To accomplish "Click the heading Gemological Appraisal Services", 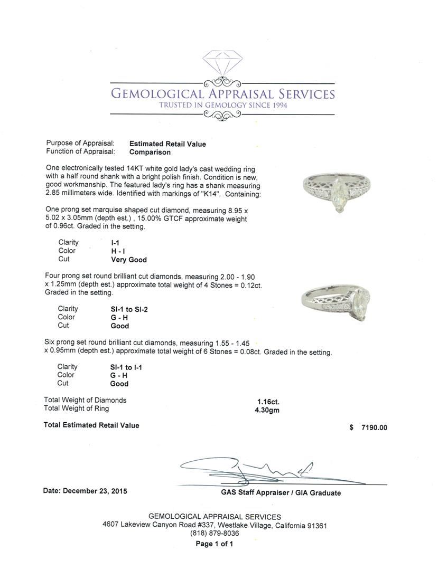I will tap(222, 94).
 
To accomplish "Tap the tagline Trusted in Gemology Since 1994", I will tap(222, 105).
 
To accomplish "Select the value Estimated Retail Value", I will tap(167, 144).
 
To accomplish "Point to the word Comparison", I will tap(150, 152).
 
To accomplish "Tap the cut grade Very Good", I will tap(128, 260).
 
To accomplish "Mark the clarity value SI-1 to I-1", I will tap(126, 367).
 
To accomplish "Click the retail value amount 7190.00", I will tap(374, 427).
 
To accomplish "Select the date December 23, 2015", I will tap(85, 491).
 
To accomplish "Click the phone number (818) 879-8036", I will tap(215, 533).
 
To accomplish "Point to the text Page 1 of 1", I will tap(215, 544).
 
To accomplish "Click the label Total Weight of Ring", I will tap(76, 408).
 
